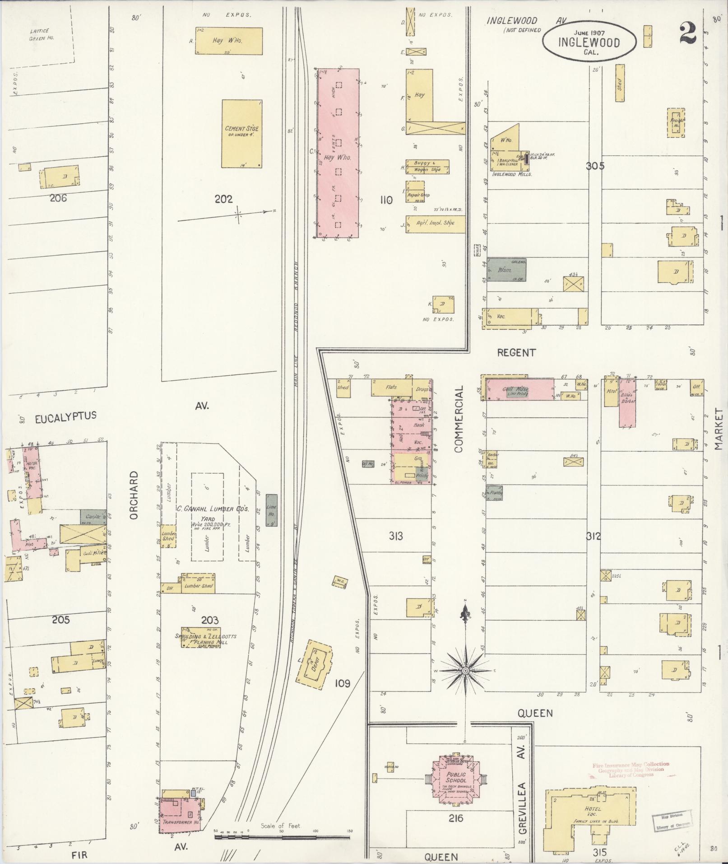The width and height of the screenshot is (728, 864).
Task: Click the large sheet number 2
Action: [688, 33]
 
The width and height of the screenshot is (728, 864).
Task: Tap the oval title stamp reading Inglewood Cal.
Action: [589, 41]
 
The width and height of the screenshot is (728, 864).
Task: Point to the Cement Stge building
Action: [242, 134]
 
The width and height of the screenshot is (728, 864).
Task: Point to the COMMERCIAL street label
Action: [459, 419]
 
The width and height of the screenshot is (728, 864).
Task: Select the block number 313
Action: [396, 536]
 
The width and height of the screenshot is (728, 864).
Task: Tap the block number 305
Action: [595, 166]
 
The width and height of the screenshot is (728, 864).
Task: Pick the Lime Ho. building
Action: [272, 510]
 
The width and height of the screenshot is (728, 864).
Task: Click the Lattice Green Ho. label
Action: [42, 35]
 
